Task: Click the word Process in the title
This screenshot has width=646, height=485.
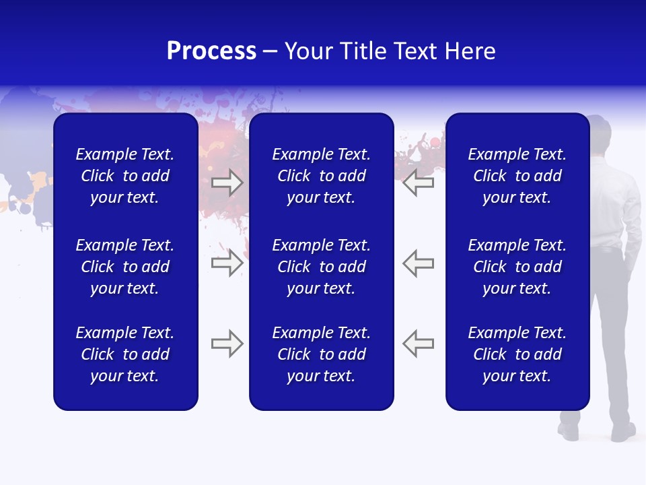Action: point(211,51)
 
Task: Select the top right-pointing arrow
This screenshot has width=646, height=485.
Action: point(227,183)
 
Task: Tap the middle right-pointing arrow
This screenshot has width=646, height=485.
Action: point(227,263)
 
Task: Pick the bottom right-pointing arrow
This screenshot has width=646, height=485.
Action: point(227,344)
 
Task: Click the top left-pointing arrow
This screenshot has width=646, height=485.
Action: point(418,183)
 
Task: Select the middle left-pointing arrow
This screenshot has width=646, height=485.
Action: point(418,263)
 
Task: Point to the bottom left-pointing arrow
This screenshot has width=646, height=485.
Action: point(418,344)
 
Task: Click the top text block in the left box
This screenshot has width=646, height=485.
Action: point(125,176)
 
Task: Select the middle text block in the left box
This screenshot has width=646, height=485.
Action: point(125,267)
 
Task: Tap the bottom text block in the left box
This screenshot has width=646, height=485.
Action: point(125,354)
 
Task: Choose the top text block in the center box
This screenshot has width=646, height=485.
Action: point(321,176)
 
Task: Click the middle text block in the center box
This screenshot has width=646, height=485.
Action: point(321,267)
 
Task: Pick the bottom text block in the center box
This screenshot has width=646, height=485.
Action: point(321,354)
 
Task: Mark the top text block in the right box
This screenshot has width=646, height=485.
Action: point(517,176)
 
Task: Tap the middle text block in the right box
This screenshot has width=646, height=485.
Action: point(517,267)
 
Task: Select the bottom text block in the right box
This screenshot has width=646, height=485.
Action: point(517,354)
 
